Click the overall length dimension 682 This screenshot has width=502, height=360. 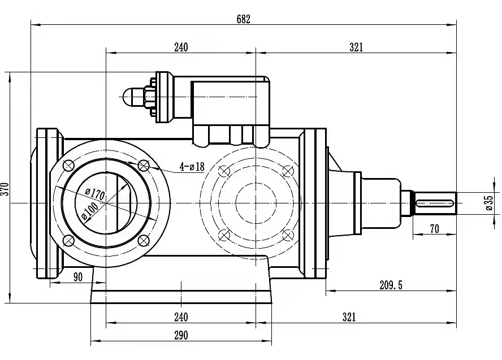243,18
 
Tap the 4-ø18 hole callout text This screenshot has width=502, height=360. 192,167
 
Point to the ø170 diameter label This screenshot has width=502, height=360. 96,193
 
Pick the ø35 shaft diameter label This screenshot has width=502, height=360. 489,202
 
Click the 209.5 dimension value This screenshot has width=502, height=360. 391,285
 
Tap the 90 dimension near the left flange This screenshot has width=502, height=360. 77,276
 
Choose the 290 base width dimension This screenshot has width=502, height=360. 180,335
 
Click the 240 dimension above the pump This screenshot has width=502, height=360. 180,47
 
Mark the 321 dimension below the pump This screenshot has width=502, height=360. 349,317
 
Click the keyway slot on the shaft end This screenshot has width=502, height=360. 435,202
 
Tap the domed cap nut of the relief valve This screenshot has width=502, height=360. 132,97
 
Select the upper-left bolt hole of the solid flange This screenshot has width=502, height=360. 69,166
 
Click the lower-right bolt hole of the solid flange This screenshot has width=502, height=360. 144,241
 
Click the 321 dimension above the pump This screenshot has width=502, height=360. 356,47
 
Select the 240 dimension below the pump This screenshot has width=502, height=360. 180,317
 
